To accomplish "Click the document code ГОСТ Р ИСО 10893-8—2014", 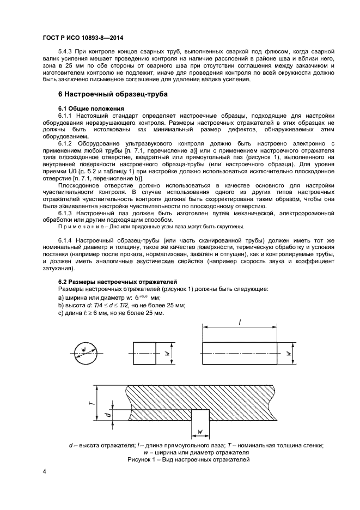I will tap(81, 38).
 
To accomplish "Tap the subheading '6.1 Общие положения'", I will tap(91, 108).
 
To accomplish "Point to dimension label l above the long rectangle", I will tap(240, 323).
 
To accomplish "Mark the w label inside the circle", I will tap(83, 349).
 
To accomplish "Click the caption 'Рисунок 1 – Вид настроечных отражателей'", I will tap(188, 460).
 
